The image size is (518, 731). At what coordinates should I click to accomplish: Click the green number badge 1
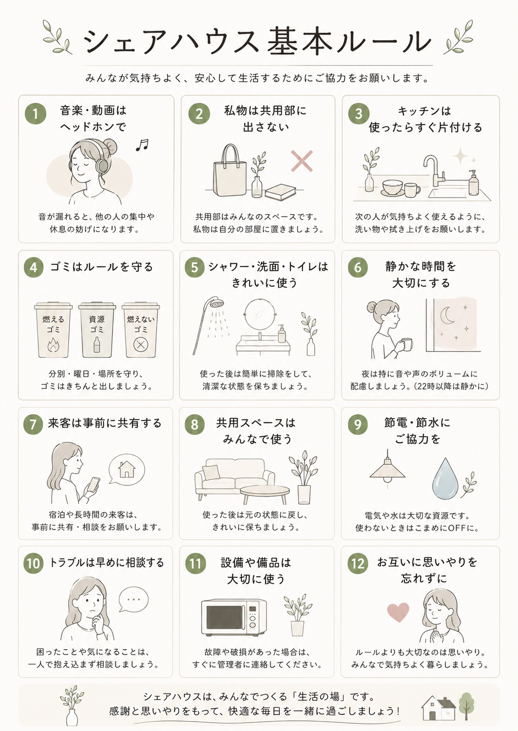click(35, 114)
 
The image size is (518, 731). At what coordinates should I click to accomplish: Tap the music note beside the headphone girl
click(142, 145)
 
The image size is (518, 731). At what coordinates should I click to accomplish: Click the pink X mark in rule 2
click(302, 161)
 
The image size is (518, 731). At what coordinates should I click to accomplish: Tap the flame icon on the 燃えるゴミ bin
click(53, 345)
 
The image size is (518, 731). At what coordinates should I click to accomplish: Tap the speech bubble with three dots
click(133, 600)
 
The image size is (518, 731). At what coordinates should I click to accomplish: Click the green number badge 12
click(358, 564)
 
